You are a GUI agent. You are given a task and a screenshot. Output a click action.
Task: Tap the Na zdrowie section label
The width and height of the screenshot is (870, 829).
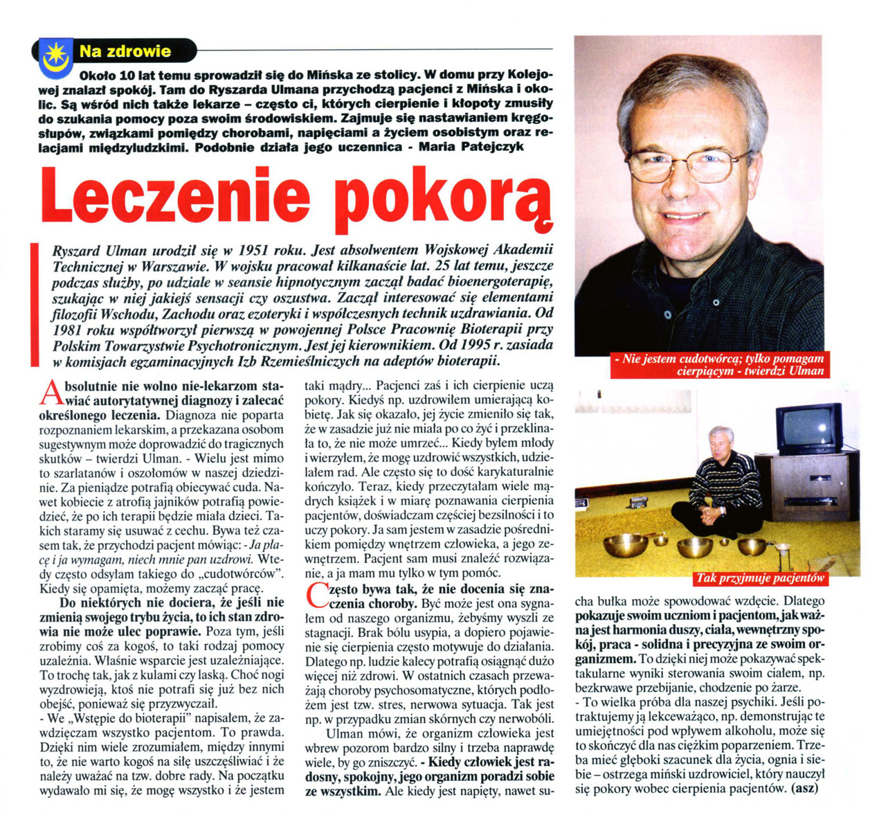point(125,51)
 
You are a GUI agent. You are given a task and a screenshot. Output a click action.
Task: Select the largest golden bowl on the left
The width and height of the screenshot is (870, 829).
point(626,544)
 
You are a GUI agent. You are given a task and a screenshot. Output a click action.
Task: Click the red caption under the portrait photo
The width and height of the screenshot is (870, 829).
point(720,364)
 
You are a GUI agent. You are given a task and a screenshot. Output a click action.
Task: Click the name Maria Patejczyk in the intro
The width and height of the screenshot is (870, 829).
point(477,146)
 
